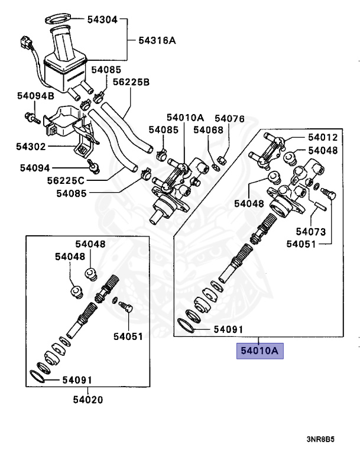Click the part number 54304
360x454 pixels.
(x=104, y=19)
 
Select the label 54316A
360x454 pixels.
(x=157, y=41)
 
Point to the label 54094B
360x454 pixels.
(x=35, y=95)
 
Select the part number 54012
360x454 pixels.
(x=322, y=138)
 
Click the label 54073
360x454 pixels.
(x=312, y=231)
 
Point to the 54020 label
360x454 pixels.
(x=87, y=400)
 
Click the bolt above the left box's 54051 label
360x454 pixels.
(x=124, y=308)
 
